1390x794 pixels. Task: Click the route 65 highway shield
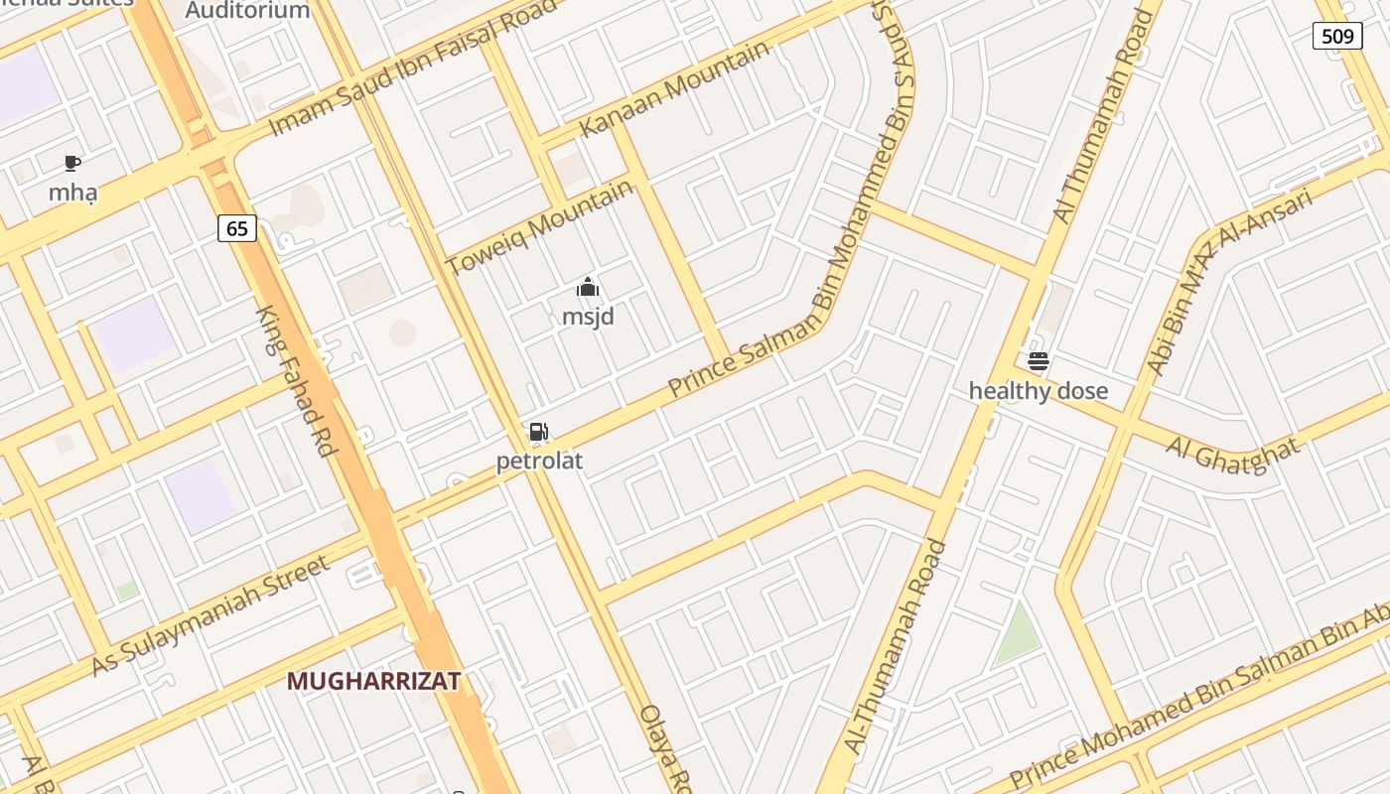[237, 228]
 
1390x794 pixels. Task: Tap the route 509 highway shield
[1337, 37]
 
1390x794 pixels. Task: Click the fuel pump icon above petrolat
[538, 432]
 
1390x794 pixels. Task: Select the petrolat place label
[539, 461]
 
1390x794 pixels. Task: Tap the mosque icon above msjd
[588, 288]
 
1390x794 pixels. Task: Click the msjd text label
[588, 317]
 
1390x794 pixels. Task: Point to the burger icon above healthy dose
[1039, 361]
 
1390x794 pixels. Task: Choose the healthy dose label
[1038, 391]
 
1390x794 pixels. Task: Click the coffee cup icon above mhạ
[71, 163]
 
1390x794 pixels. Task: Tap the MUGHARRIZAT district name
[373, 681]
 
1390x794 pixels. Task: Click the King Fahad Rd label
[295, 381]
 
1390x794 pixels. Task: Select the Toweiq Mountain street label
[539, 228]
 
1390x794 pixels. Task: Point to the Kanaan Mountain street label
[674, 89]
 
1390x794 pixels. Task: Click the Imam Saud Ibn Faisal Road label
[413, 68]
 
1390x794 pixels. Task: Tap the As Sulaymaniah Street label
[209, 614]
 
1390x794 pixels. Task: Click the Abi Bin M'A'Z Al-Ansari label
[1230, 282]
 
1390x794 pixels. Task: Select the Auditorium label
[248, 11]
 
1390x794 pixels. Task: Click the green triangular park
[1017, 635]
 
